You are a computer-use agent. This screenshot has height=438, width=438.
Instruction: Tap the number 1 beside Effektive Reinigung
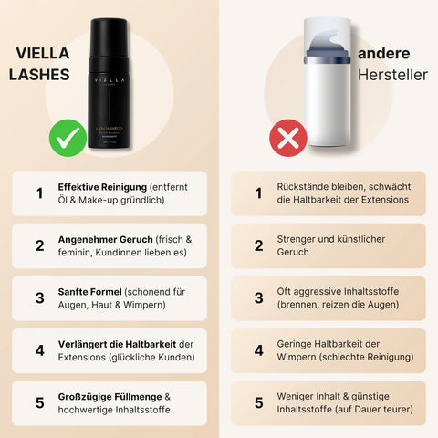[39, 193]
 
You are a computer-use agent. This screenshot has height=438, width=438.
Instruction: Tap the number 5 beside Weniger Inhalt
[258, 402]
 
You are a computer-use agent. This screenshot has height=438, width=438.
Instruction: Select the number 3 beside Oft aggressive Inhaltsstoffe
[258, 297]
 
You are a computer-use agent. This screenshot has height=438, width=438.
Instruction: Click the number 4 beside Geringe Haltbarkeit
[258, 349]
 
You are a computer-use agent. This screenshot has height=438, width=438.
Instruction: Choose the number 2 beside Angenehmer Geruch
[39, 245]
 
